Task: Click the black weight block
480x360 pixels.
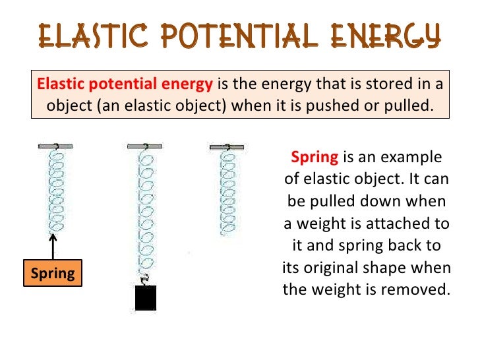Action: coord(145,298)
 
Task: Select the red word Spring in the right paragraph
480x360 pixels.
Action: coord(315,158)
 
